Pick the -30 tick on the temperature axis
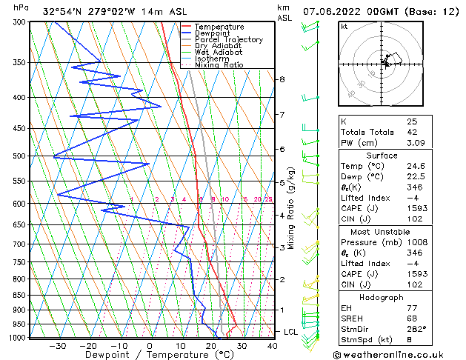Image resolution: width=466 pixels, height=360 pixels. pos(57,346)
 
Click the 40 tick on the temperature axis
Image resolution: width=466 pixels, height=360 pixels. pos(272,346)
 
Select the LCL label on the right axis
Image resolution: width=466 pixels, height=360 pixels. pos(290,332)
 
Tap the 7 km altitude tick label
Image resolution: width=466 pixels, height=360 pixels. pos(282,115)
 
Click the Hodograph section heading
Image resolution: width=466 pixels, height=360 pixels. pos(382,297)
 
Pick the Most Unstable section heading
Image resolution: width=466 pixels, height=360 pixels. pos(382,231)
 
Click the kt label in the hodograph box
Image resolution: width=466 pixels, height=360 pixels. pos(344,27)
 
